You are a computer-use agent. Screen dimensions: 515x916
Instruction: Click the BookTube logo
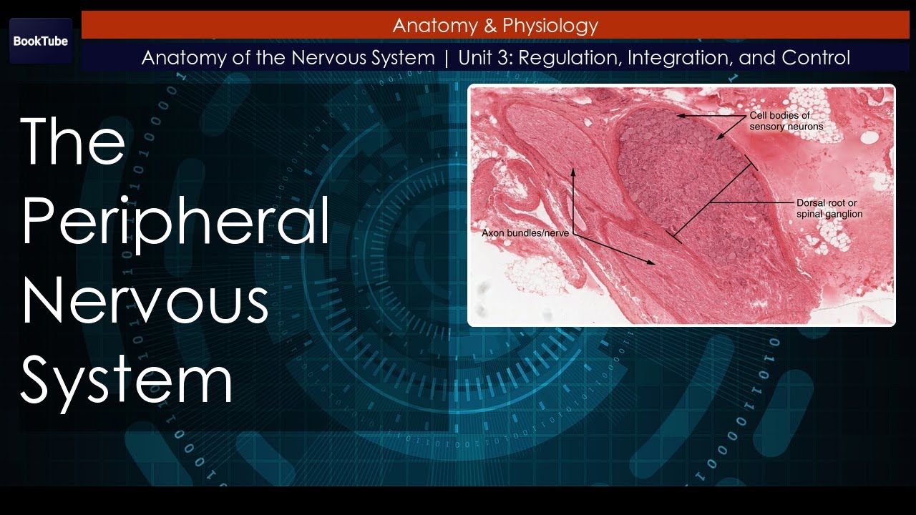(41, 41)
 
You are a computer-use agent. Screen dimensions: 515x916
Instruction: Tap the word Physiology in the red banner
(550, 26)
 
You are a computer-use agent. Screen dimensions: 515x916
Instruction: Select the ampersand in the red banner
(490, 26)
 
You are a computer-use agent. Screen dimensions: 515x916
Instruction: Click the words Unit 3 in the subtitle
(484, 58)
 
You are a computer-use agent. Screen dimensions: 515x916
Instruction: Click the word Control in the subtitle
(816, 58)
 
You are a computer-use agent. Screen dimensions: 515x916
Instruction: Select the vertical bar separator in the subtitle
(447, 58)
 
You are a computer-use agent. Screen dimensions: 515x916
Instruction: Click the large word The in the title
(73, 142)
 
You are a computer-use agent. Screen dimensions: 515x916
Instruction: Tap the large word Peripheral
(175, 222)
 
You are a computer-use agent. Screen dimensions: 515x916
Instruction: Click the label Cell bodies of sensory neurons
(786, 121)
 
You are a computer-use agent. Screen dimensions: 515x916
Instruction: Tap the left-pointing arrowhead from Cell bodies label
(681, 115)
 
